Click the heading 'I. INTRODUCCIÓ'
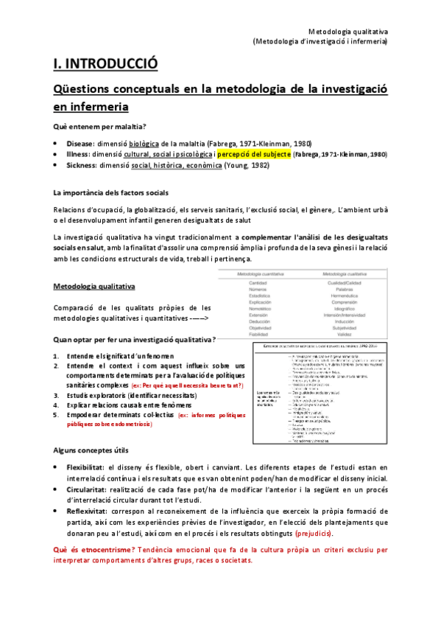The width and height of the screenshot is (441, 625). (x=105, y=64)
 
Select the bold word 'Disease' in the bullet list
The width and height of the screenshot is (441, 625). (x=80, y=144)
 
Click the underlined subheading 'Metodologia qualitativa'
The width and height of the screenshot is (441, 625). (x=94, y=286)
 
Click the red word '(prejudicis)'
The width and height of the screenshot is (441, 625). (x=313, y=533)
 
